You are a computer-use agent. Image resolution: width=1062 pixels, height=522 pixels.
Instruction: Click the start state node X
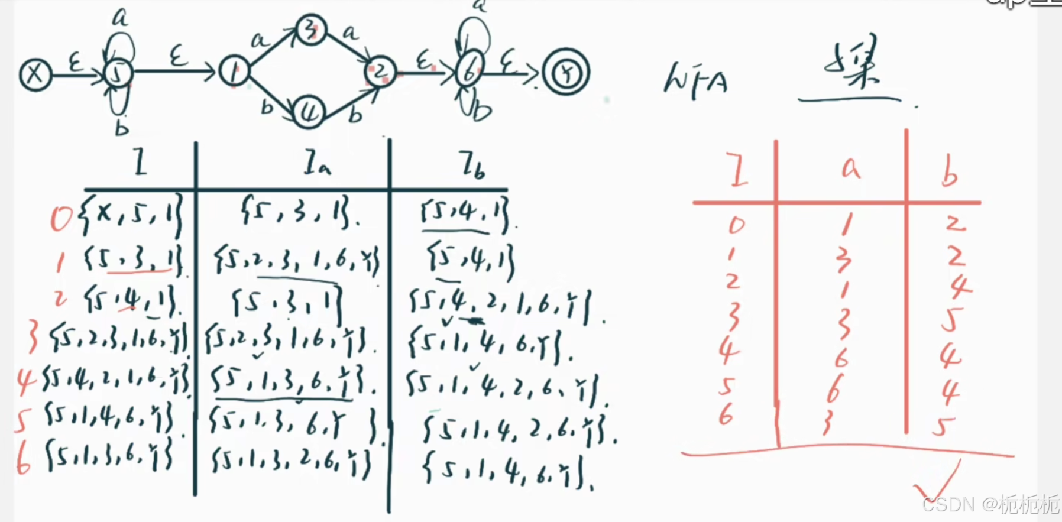click(35, 75)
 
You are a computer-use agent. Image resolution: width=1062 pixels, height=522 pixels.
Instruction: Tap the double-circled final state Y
click(566, 74)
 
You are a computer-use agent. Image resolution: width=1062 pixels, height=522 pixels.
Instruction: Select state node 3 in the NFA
click(310, 29)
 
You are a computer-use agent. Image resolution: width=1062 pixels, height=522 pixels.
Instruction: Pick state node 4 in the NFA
click(309, 112)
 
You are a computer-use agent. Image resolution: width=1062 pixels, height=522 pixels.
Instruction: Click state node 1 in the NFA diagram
click(234, 72)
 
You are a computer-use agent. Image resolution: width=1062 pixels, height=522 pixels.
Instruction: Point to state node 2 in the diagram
click(380, 73)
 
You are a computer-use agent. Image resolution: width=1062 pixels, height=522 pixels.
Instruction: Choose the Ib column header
click(472, 165)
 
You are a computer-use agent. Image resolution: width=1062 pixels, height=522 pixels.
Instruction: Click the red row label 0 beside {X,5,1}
click(61, 219)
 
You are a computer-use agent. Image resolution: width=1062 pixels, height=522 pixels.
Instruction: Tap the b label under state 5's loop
click(122, 127)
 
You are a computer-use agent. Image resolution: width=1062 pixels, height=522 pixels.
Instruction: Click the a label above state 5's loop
click(120, 18)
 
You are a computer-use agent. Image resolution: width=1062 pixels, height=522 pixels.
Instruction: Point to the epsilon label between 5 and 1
click(177, 58)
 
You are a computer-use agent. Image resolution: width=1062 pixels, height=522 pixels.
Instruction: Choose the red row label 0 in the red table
click(737, 225)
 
